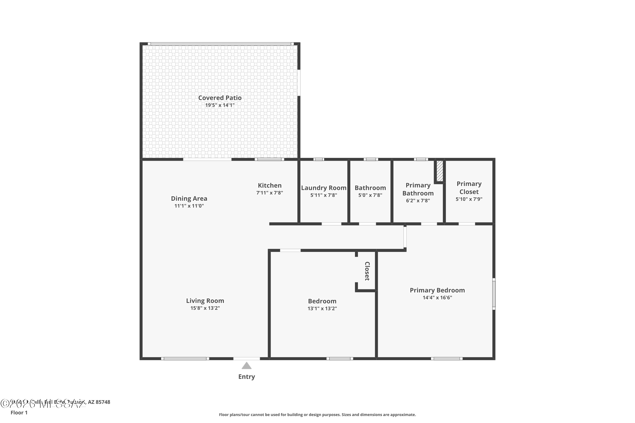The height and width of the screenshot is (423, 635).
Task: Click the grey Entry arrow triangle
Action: pyautogui.click(x=247, y=366)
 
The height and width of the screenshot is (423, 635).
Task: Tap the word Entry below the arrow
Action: pyautogui.click(x=247, y=377)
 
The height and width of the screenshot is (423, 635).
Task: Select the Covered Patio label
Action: pyautogui.click(x=220, y=98)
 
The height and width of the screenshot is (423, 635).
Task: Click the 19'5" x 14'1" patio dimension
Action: pyautogui.click(x=220, y=105)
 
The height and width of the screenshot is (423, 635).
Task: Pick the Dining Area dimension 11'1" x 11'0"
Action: pyautogui.click(x=189, y=206)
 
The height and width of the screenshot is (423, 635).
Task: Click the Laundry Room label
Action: pyautogui.click(x=323, y=188)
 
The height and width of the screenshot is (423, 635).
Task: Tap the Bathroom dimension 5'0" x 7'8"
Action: pyautogui.click(x=370, y=195)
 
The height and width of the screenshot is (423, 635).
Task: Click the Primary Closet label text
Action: pyautogui.click(x=469, y=188)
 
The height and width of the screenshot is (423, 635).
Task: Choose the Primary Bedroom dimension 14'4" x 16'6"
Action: pyautogui.click(x=437, y=298)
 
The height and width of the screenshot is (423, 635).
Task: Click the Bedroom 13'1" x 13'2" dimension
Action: pyautogui.click(x=322, y=308)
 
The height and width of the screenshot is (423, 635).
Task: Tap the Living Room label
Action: pyautogui.click(x=205, y=301)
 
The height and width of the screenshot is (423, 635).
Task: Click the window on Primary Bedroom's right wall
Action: pyautogui.click(x=494, y=294)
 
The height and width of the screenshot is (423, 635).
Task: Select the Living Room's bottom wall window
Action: pyautogui.click(x=185, y=358)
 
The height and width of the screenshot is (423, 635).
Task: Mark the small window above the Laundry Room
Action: pyautogui.click(x=319, y=159)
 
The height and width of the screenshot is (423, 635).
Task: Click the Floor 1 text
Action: pyautogui.click(x=19, y=412)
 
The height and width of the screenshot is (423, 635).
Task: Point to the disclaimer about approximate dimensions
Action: pyautogui.click(x=317, y=415)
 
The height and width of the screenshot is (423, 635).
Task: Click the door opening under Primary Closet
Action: pyautogui.click(x=467, y=224)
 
